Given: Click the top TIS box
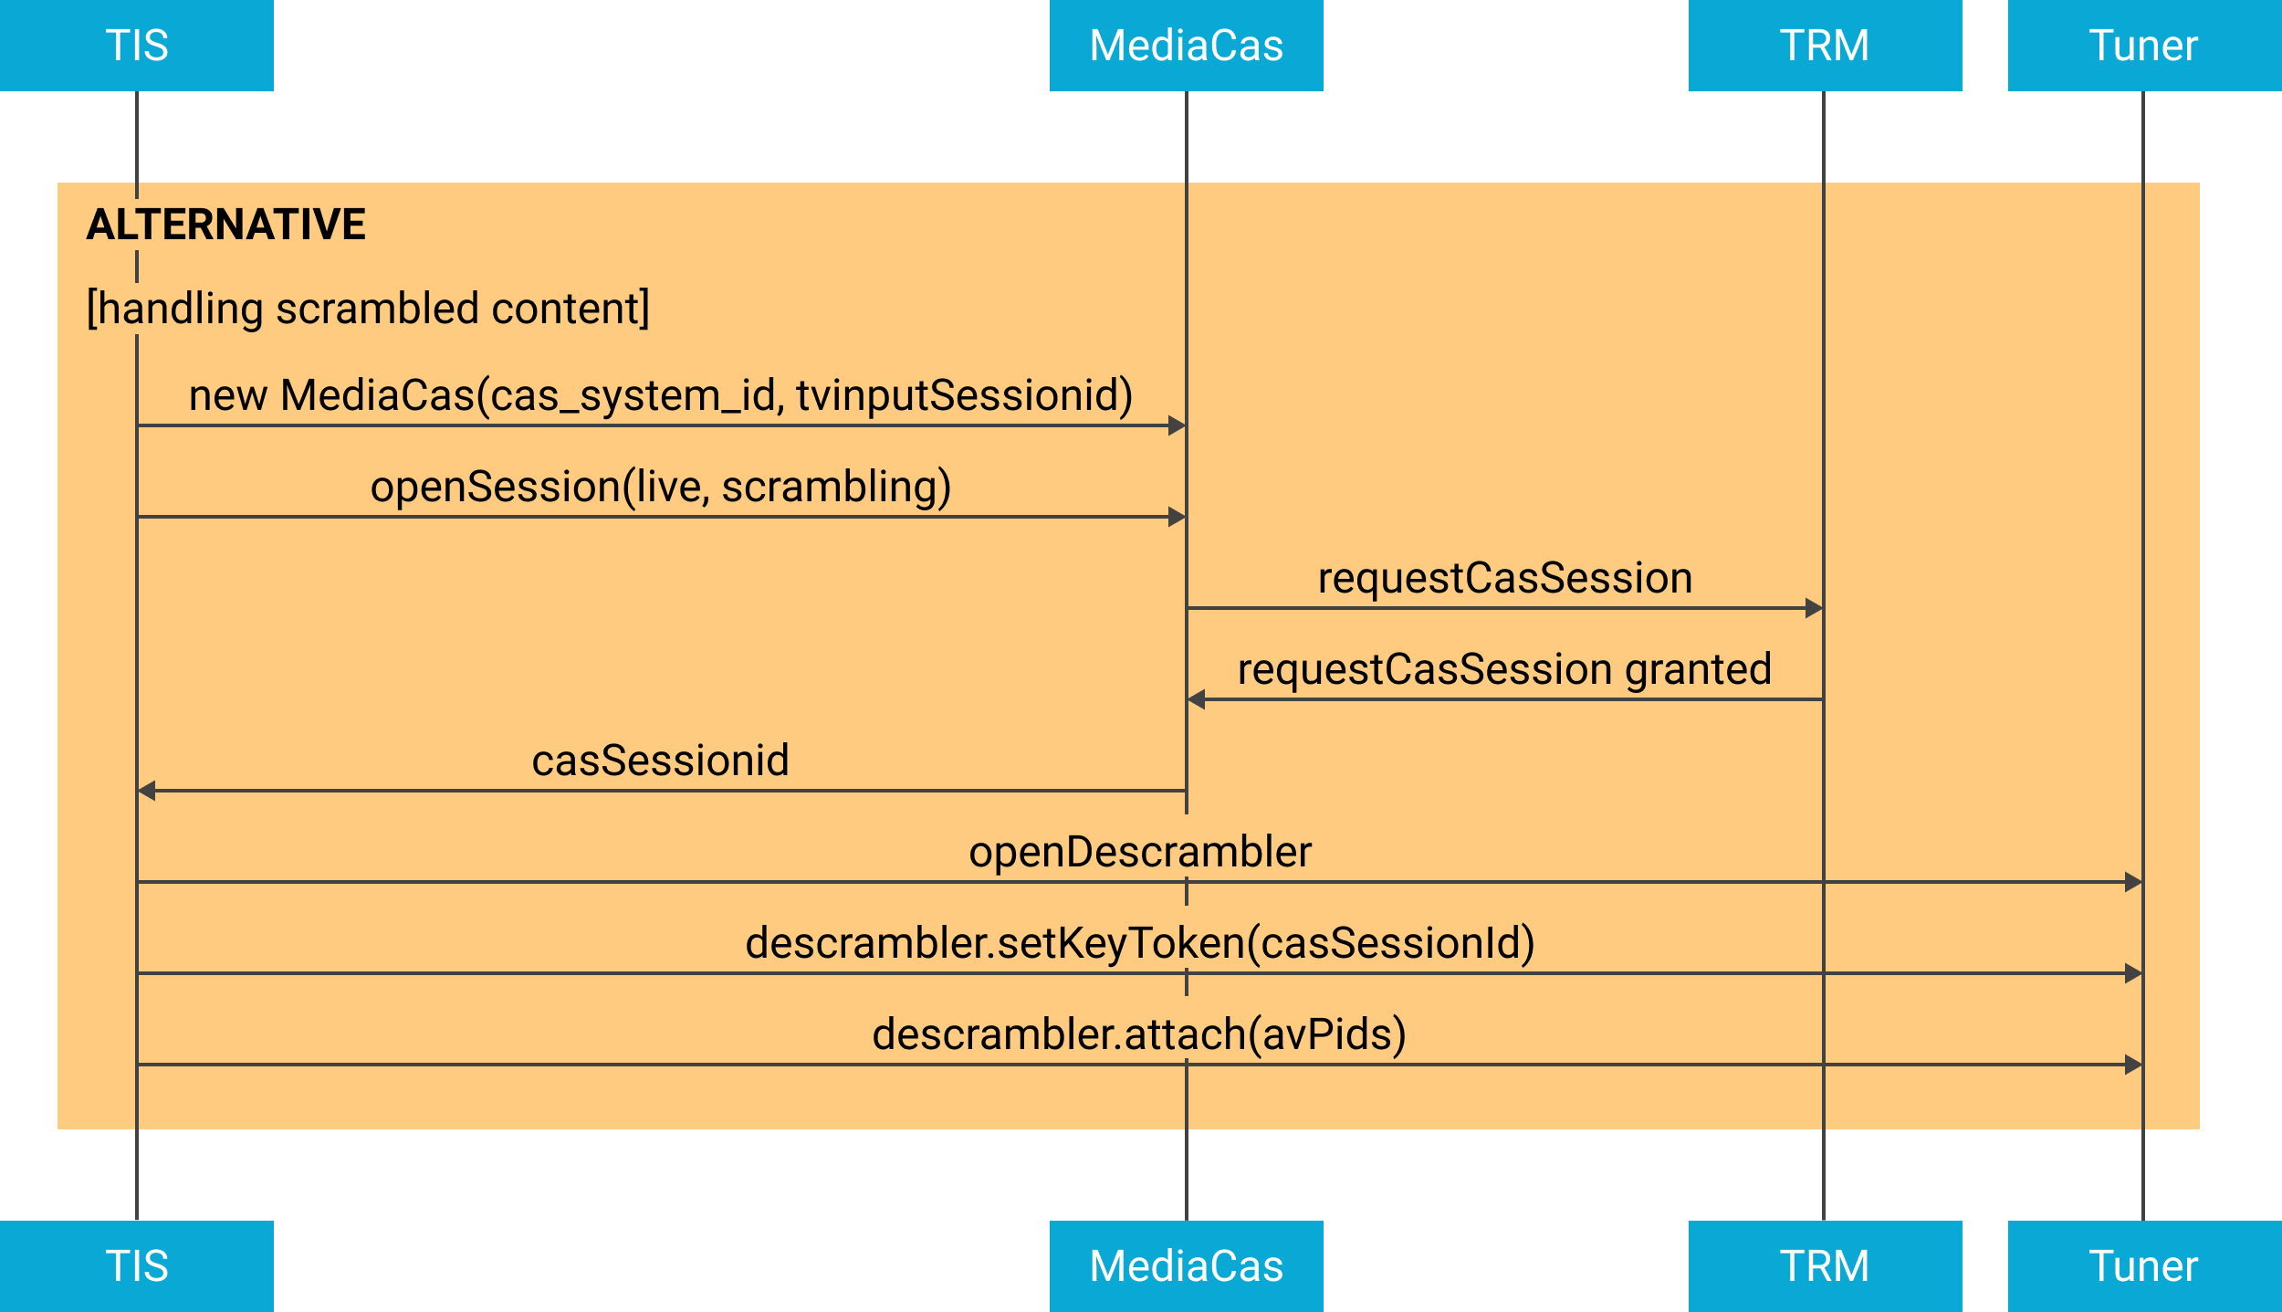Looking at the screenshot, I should click(137, 45).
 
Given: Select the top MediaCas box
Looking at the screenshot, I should click(1186, 45).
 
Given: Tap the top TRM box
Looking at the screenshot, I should click(1825, 45).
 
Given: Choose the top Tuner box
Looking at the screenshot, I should click(2144, 45).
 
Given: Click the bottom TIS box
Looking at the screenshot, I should click(137, 1266).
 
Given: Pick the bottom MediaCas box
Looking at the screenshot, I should click(1186, 1266).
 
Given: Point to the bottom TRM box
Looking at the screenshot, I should click(1825, 1266).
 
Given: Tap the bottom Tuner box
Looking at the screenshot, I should click(2144, 1266).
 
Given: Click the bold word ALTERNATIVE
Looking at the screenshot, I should click(225, 225).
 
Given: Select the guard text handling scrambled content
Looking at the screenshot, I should click(368, 309).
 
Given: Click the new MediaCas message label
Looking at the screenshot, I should click(660, 395).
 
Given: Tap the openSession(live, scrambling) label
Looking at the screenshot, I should click(660, 487).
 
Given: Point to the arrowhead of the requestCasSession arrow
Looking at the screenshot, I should click(1814, 608).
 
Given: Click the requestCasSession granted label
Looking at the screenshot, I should click(1504, 669).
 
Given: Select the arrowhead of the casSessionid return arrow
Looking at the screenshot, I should click(147, 791).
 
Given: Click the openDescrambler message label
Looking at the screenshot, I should click(1139, 852).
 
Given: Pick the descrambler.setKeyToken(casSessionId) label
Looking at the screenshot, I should click(1139, 943).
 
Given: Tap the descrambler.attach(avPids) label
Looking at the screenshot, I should click(1139, 1034).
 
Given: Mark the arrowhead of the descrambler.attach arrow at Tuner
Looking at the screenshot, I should click(2133, 1065).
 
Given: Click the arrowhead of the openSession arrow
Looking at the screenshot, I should click(1177, 517).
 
